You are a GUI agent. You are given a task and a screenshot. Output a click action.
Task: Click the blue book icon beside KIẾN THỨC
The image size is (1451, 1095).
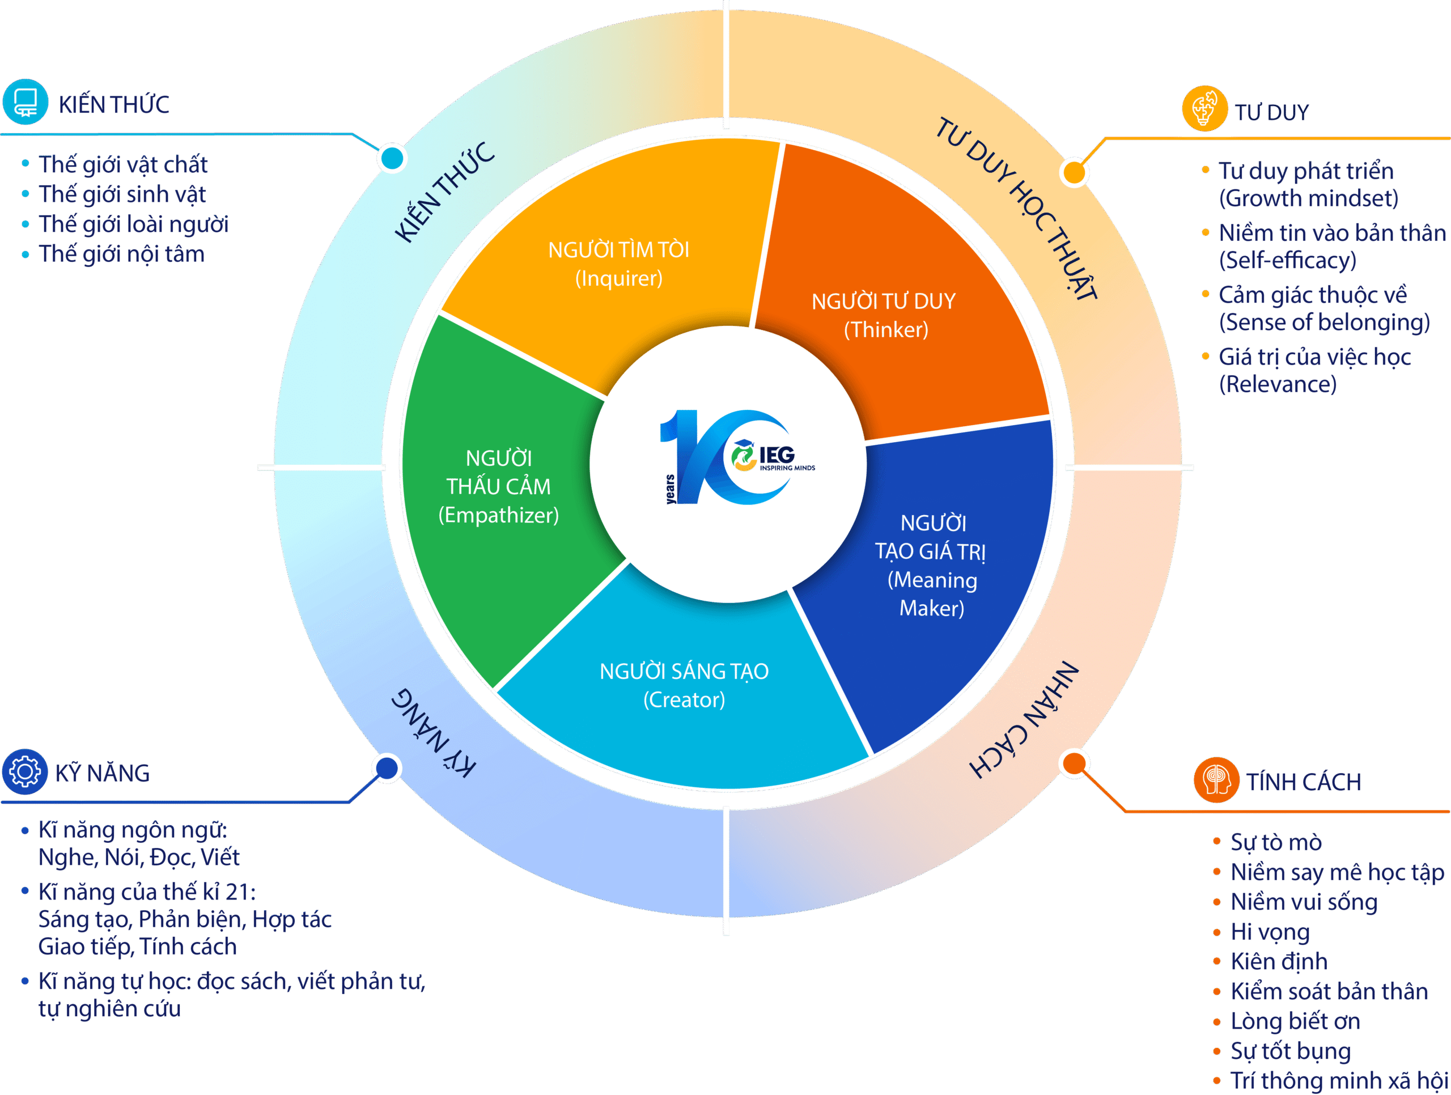25,103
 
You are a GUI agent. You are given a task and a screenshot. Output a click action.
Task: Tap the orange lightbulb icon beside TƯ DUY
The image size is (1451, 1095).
1204,109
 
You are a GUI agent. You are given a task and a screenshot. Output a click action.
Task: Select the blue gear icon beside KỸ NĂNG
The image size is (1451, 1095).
25,771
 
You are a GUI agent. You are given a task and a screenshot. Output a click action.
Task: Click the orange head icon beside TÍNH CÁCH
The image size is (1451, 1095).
1216,779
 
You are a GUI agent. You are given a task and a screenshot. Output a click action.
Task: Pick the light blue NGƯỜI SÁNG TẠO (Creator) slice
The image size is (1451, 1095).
682,695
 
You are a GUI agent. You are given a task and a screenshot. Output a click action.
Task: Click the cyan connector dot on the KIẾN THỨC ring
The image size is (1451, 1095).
392,158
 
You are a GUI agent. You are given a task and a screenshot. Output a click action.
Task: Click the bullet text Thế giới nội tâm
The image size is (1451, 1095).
121,254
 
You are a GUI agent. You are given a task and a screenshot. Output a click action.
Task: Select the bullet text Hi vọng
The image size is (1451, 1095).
1270,932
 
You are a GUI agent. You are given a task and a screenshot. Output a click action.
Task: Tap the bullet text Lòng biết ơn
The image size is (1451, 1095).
1295,1021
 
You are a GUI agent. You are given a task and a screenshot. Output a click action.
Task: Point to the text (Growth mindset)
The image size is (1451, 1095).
1309,198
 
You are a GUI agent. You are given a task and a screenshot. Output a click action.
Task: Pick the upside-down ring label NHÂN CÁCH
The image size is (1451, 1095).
1023,719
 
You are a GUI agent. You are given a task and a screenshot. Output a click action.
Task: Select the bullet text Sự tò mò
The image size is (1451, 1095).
1276,842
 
